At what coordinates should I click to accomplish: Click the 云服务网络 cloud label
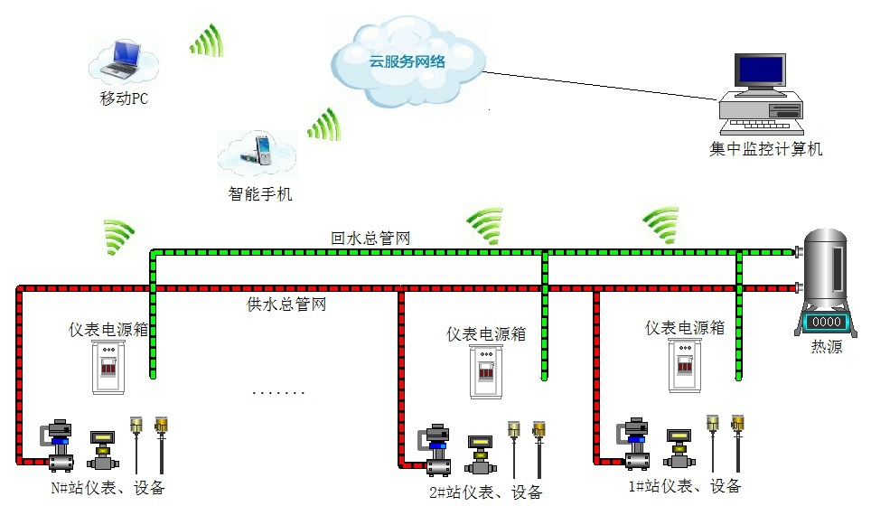(x=407, y=62)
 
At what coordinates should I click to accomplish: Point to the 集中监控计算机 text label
(x=766, y=149)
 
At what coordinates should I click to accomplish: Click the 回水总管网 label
(x=371, y=238)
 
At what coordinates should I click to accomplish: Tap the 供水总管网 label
(x=286, y=305)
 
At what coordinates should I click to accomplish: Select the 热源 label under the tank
(x=826, y=346)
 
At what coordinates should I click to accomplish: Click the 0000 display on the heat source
(x=825, y=322)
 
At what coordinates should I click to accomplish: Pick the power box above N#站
(x=108, y=366)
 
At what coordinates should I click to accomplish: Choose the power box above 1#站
(x=685, y=365)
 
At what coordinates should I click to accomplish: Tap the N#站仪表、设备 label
(x=108, y=489)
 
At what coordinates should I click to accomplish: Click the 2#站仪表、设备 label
(x=485, y=492)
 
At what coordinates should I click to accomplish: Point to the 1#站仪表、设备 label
(x=685, y=486)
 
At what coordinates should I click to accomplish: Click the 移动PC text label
(x=124, y=98)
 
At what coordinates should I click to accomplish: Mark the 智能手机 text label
(x=260, y=193)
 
